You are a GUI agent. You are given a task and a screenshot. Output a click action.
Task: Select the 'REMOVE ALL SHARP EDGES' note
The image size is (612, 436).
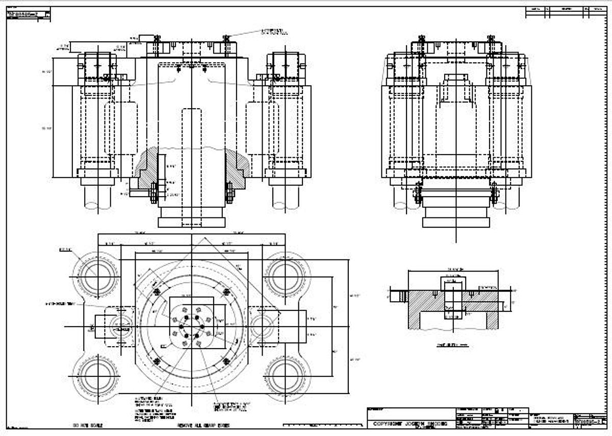click(x=203, y=425)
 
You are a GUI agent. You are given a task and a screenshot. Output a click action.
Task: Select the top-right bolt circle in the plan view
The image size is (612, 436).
click(x=284, y=277)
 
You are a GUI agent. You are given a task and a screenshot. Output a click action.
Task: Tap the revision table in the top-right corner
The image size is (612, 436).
click(x=566, y=12)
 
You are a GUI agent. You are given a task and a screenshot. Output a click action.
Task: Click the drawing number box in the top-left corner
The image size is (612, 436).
click(x=29, y=14)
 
